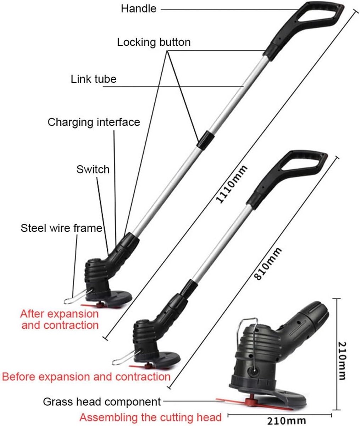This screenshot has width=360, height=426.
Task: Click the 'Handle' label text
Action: coord(138,9)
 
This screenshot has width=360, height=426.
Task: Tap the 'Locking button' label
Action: coord(154,42)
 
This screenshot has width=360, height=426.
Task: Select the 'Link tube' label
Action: coord(94,79)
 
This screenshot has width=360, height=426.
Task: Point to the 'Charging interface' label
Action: coord(94,122)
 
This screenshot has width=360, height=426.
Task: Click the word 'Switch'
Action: coord(93,169)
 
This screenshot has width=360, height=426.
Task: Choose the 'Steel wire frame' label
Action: coord(61,228)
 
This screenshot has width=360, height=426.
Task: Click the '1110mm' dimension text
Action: coord(231,185)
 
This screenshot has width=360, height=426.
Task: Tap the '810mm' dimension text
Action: coord(267,264)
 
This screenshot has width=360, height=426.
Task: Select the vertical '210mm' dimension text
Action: coord(342,361)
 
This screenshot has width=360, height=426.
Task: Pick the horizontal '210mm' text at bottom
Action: coord(287,421)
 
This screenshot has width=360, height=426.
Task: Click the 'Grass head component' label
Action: coord(102,402)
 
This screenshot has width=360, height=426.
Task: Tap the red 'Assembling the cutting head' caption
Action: coord(150,417)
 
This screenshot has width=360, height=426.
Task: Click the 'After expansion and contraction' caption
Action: coord(60,319)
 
